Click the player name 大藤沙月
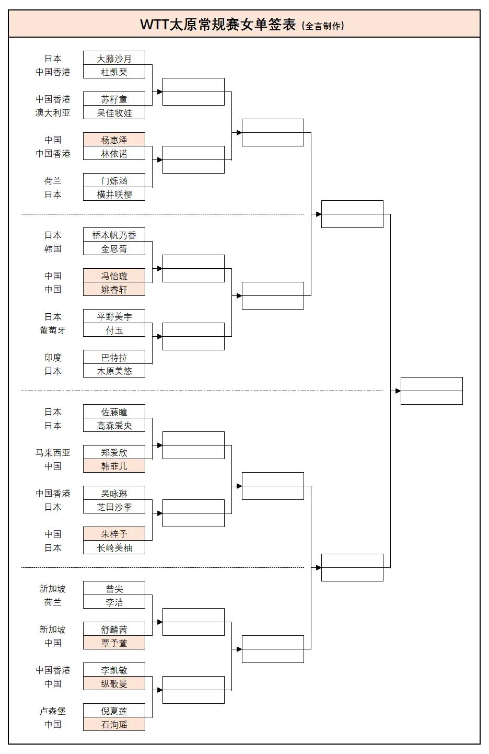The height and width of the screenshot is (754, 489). coord(114,58)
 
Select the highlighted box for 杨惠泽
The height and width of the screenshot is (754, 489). coord(114,140)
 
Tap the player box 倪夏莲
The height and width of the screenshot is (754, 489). coord(114,711)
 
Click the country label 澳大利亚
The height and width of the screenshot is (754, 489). coord(53,112)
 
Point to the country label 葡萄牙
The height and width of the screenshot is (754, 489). coord(53,330)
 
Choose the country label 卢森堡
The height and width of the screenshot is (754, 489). coord(53,711)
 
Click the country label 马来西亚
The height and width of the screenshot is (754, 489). coord(53,452)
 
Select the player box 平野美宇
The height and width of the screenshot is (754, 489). coord(114,316)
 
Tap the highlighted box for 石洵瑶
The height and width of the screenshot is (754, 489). coord(114,724)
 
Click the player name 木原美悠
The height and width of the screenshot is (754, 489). coord(114,371)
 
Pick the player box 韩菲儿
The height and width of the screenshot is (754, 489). coord(114,466)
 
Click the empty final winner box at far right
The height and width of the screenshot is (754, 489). coord(432,391)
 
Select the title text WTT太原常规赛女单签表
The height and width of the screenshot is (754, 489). coord(218,25)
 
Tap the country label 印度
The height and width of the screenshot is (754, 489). coord(53,357)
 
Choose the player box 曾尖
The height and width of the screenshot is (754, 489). coord(114,588)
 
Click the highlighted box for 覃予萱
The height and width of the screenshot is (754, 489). coord(114,643)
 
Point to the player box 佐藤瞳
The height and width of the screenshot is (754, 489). coord(114,412)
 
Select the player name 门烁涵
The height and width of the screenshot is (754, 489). coord(114,180)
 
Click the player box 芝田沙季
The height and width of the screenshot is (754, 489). coord(114,507)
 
